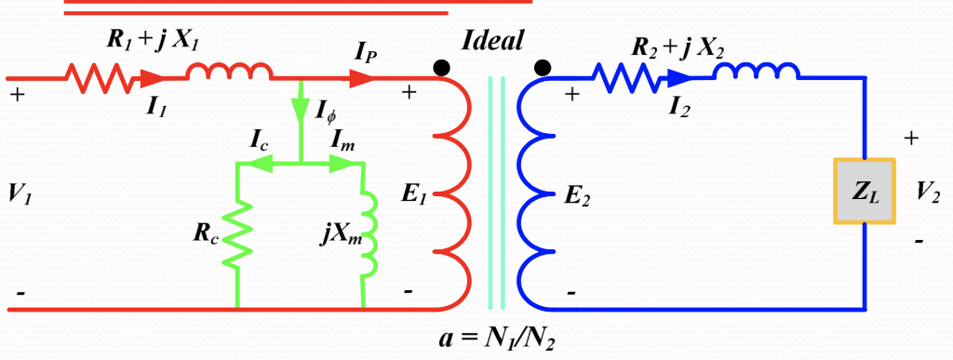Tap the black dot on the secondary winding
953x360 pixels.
click(542, 66)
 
